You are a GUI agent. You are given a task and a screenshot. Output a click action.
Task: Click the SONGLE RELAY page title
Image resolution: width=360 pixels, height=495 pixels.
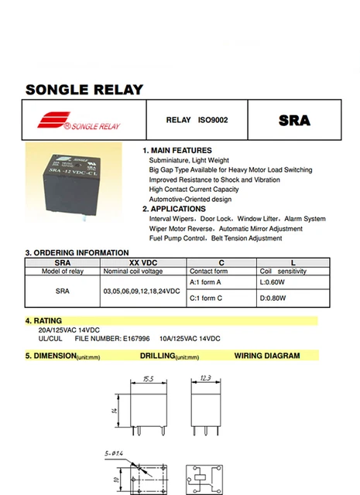coord(84,89)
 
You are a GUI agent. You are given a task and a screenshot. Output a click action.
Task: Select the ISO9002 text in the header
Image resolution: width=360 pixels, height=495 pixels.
coord(212,121)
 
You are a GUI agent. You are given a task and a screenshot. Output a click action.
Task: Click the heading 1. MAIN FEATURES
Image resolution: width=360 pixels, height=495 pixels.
coord(177,150)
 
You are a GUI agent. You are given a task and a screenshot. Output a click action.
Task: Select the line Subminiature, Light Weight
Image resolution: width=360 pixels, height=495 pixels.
coord(184,160)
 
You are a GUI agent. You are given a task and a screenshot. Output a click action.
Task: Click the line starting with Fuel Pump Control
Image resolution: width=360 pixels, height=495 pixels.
coord(215,238)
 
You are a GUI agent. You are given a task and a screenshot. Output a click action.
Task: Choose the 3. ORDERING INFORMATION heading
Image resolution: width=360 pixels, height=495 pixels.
coord(77,253)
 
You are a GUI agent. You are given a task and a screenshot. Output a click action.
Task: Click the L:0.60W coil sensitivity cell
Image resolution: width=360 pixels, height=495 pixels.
coord(274,283)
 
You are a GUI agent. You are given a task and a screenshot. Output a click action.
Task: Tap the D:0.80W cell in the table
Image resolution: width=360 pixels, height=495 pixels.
coord(274,299)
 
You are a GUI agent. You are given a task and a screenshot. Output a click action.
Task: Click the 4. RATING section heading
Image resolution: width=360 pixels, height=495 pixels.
coord(43,320)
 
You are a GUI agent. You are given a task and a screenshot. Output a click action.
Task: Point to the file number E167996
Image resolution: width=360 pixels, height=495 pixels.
coord(136,339)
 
